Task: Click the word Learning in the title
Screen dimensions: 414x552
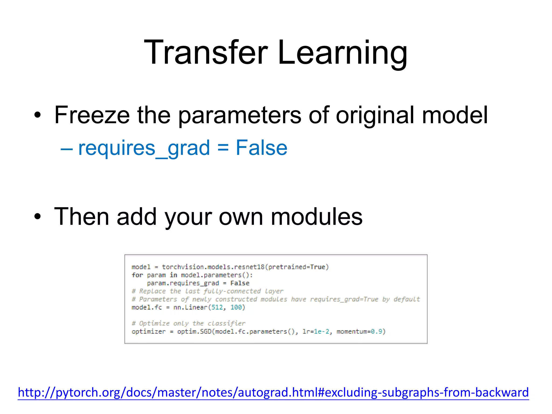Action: click(342, 53)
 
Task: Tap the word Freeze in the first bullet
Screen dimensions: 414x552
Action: click(92, 115)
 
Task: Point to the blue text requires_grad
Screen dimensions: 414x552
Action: click(144, 148)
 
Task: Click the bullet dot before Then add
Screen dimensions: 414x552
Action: click(38, 217)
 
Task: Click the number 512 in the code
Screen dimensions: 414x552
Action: click(217, 307)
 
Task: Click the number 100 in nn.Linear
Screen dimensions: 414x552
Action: click(236, 307)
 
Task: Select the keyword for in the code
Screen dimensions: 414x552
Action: click(137, 275)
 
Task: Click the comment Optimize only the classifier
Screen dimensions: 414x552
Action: click(189, 323)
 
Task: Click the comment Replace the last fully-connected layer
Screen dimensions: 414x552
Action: click(208, 291)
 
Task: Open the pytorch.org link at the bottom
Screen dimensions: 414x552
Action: click(273, 392)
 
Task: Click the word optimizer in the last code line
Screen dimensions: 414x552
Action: click(149, 332)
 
